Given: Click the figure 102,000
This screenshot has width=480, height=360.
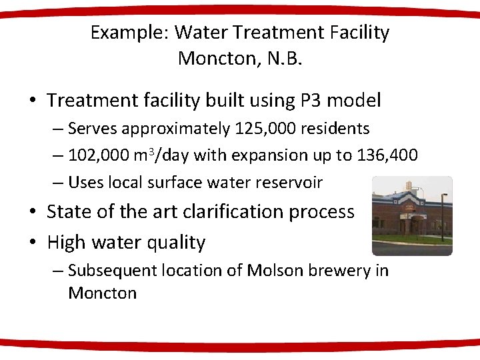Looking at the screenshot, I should pos(100,155).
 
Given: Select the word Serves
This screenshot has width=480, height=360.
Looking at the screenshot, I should pos(90,128).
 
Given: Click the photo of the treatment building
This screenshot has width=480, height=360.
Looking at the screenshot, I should pos(411,215).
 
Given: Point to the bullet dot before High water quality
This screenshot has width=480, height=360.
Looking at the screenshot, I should pos(33,243).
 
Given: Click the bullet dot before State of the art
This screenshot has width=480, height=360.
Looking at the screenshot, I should pos(33,212).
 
